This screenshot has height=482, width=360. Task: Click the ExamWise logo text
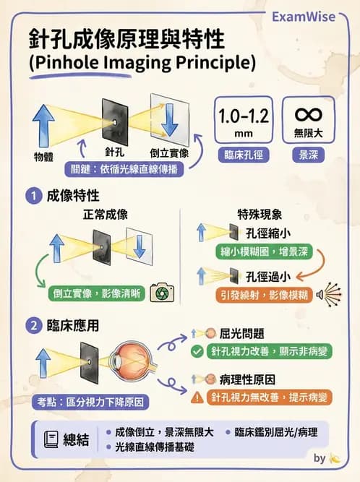tap(303, 16)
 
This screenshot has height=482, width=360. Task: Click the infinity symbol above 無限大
tap(309, 115)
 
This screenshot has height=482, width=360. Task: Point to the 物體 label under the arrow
tap(43, 156)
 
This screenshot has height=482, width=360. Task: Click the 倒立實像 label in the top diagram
tap(168, 153)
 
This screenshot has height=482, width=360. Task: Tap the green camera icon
tap(162, 293)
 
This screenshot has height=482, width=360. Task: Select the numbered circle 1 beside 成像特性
tap(33, 195)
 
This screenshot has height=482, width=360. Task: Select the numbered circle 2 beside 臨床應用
tap(33, 326)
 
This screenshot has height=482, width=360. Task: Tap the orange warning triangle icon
tap(197, 397)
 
